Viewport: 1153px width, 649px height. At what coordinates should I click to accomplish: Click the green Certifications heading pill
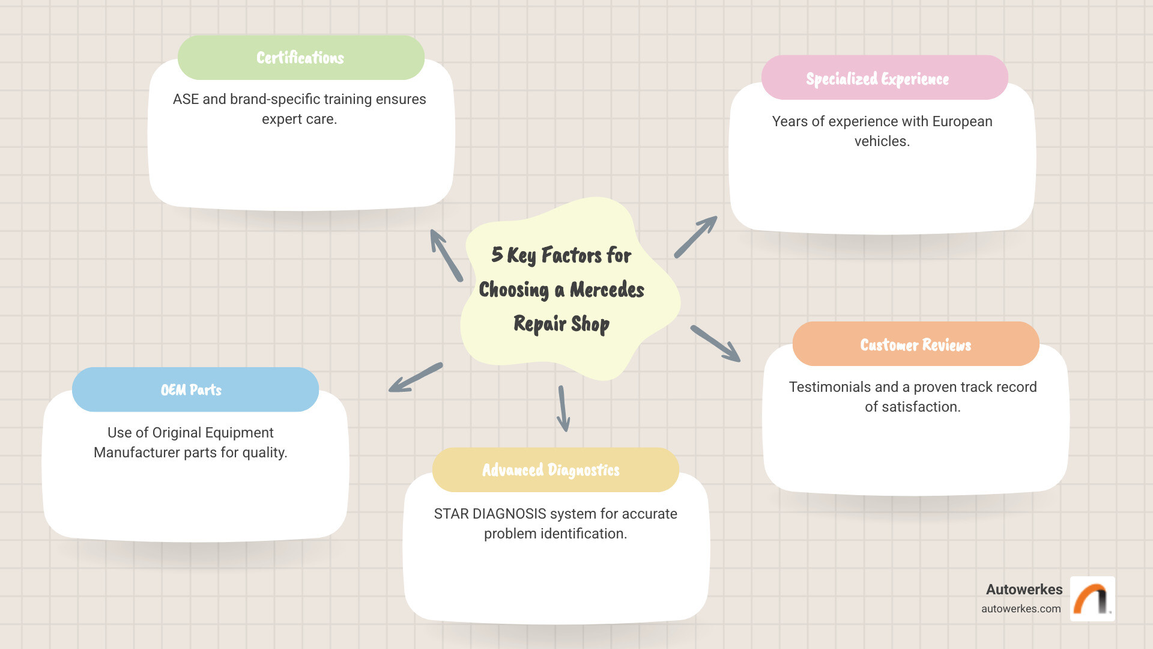click(x=301, y=58)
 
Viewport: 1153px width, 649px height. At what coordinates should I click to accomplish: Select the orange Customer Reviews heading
click(x=915, y=344)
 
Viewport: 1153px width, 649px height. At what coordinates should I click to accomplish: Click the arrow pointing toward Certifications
click(x=446, y=255)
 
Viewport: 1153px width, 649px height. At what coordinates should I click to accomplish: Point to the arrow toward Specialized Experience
click(x=695, y=237)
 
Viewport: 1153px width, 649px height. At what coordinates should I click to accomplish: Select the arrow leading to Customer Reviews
click(x=715, y=344)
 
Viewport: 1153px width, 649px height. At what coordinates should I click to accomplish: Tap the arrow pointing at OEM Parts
click(x=416, y=377)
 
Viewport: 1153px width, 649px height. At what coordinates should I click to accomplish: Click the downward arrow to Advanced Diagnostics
click(x=563, y=409)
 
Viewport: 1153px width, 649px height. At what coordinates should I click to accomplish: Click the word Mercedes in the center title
click(x=607, y=290)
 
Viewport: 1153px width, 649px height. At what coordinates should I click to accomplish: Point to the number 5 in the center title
click(x=497, y=254)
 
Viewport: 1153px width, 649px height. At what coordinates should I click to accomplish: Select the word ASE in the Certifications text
click(x=186, y=99)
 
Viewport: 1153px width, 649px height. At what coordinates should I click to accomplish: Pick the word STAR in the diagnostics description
click(x=451, y=514)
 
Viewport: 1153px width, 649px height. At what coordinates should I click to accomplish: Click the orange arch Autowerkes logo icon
click(x=1092, y=599)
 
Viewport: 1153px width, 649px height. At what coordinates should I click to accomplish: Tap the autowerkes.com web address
click(x=1021, y=609)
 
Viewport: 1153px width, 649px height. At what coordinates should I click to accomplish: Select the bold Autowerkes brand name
click(x=1024, y=590)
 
